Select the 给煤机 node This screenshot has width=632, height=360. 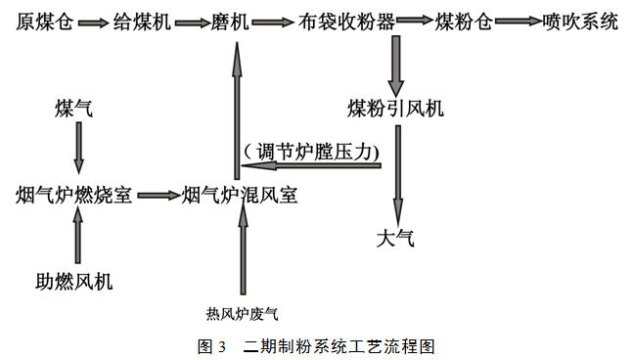143,22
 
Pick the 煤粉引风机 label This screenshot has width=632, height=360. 395,107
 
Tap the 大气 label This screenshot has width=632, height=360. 395,237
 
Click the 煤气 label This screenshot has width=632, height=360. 74,107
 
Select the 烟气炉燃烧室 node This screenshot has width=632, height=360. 74,195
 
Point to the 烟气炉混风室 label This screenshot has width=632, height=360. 240,195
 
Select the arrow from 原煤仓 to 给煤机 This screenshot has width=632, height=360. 91,22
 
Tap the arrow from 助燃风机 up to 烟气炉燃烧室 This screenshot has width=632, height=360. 79,238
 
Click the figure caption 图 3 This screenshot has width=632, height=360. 211,346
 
